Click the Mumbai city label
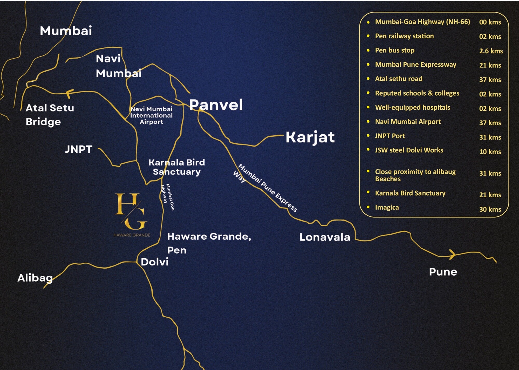66,31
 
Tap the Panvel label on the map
216,105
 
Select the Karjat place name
310,137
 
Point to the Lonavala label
325,237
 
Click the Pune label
443,272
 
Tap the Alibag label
35,278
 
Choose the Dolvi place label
155,262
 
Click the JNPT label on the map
79,149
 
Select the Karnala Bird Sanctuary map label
177,167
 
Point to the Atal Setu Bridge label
50,115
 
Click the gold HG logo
131,212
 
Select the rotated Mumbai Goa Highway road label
167,197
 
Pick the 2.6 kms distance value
491,51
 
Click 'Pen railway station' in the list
404,36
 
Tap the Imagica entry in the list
387,207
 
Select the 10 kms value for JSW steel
490,152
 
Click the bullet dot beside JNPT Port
368,136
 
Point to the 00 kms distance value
490,22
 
